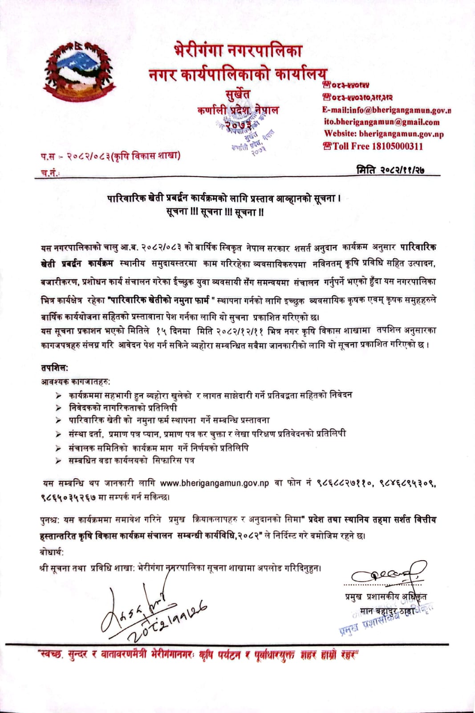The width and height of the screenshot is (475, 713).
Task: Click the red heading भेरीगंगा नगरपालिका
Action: click(x=238, y=50)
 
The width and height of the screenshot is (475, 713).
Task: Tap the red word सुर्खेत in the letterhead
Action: click(x=238, y=94)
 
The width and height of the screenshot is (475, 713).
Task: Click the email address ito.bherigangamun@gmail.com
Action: click(x=382, y=122)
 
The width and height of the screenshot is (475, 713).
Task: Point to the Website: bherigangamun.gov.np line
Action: click(x=384, y=134)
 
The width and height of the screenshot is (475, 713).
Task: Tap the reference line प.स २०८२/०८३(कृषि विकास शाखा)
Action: click(x=110, y=156)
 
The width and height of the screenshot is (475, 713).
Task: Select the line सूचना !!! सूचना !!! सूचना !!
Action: click(x=215, y=212)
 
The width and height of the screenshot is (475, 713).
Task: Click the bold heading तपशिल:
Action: click(x=54, y=368)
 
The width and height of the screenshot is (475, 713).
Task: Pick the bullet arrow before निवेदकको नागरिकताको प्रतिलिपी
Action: click(x=58, y=408)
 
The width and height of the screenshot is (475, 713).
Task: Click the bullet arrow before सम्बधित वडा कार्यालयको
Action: click(x=58, y=461)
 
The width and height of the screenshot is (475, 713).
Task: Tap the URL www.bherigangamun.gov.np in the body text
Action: click(x=214, y=483)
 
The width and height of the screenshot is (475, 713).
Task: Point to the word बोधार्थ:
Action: click(x=52, y=552)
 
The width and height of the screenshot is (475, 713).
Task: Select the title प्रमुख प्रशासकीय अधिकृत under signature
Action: click(x=387, y=597)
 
